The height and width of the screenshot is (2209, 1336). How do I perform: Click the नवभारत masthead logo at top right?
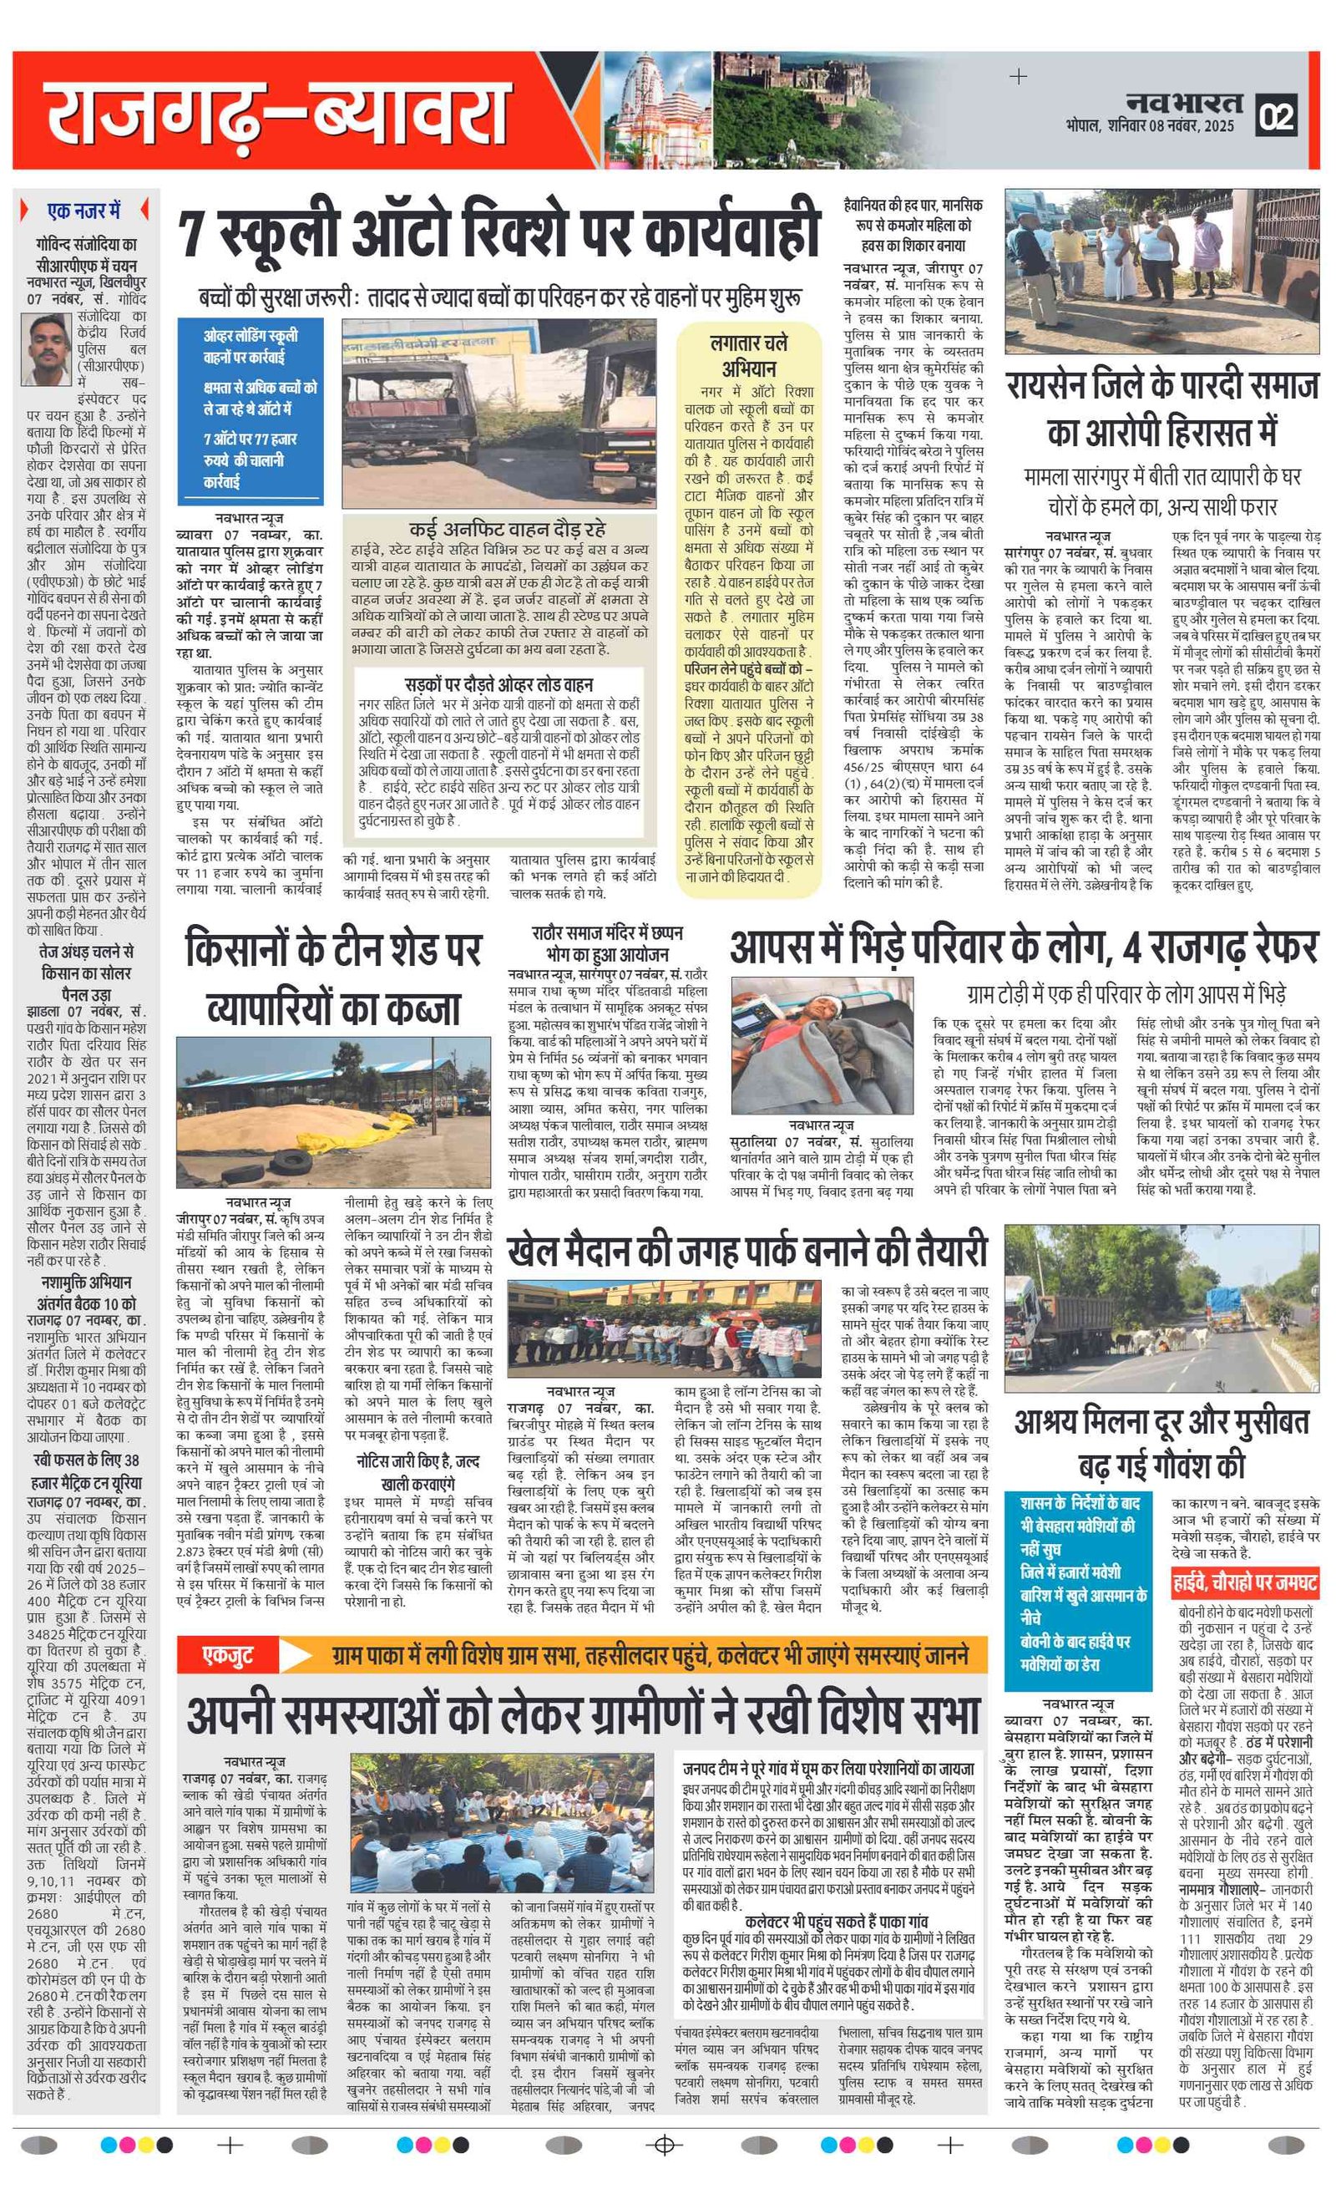point(1184,101)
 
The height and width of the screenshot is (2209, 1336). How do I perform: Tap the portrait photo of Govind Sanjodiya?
point(49,351)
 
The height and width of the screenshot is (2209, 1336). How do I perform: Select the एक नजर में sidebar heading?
point(83,211)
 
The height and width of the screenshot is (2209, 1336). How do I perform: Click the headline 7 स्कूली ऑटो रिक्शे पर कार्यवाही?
point(498,232)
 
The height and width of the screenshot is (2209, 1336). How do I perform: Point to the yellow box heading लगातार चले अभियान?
point(749,355)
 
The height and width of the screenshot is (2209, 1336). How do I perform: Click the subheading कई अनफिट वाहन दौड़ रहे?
point(506,529)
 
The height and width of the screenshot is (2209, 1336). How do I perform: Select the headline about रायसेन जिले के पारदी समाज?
point(1161,409)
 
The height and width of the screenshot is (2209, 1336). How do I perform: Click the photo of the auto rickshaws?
point(498,413)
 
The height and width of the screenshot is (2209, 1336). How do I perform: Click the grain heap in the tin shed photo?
point(286,1129)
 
